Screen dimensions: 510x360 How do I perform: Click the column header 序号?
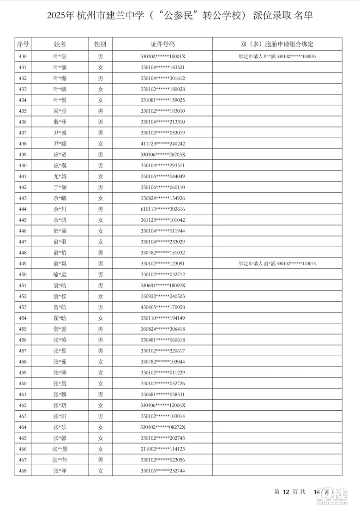(23, 44)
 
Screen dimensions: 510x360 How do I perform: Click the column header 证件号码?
(163, 44)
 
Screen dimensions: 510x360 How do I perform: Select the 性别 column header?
(100, 44)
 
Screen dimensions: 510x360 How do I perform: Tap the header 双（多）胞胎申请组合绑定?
(277, 44)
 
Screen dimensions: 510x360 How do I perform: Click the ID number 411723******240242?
(163, 144)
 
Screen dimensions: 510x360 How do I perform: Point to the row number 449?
(23, 263)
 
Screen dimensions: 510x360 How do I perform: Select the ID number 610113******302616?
(163, 209)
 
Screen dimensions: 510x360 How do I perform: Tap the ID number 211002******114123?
(163, 449)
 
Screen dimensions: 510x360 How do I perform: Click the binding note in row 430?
(277, 56)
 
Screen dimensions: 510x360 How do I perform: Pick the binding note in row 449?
(277, 263)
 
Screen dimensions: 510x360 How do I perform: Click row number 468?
(23, 471)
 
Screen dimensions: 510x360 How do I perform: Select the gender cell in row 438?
(100, 144)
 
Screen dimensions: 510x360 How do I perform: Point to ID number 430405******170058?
(163, 307)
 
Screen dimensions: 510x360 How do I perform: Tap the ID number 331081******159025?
(163, 100)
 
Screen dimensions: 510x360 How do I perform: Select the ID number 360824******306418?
(163, 329)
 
